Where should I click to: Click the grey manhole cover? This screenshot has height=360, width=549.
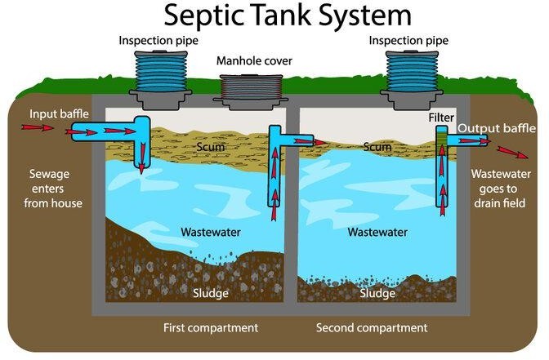[252, 88]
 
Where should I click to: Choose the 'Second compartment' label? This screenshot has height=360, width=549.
[372, 328]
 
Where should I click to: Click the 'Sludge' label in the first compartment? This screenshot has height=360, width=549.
[211, 292]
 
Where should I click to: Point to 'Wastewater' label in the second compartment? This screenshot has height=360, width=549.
[377, 232]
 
